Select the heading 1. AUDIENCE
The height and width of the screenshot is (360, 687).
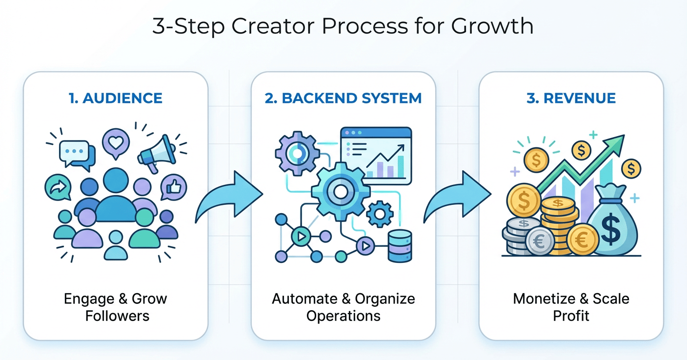tap(116, 98)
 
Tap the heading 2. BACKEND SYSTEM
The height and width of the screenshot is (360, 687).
tap(343, 98)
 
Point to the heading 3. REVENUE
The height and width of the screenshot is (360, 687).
tap(571, 98)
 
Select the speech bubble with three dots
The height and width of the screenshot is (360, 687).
tap(75, 152)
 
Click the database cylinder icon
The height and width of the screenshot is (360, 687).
tap(399, 246)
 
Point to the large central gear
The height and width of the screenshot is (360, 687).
tap(341, 192)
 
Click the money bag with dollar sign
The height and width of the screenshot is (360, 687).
tap(612, 222)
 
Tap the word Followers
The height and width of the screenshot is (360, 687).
tap(117, 316)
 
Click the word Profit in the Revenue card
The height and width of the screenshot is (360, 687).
tap(571, 316)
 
